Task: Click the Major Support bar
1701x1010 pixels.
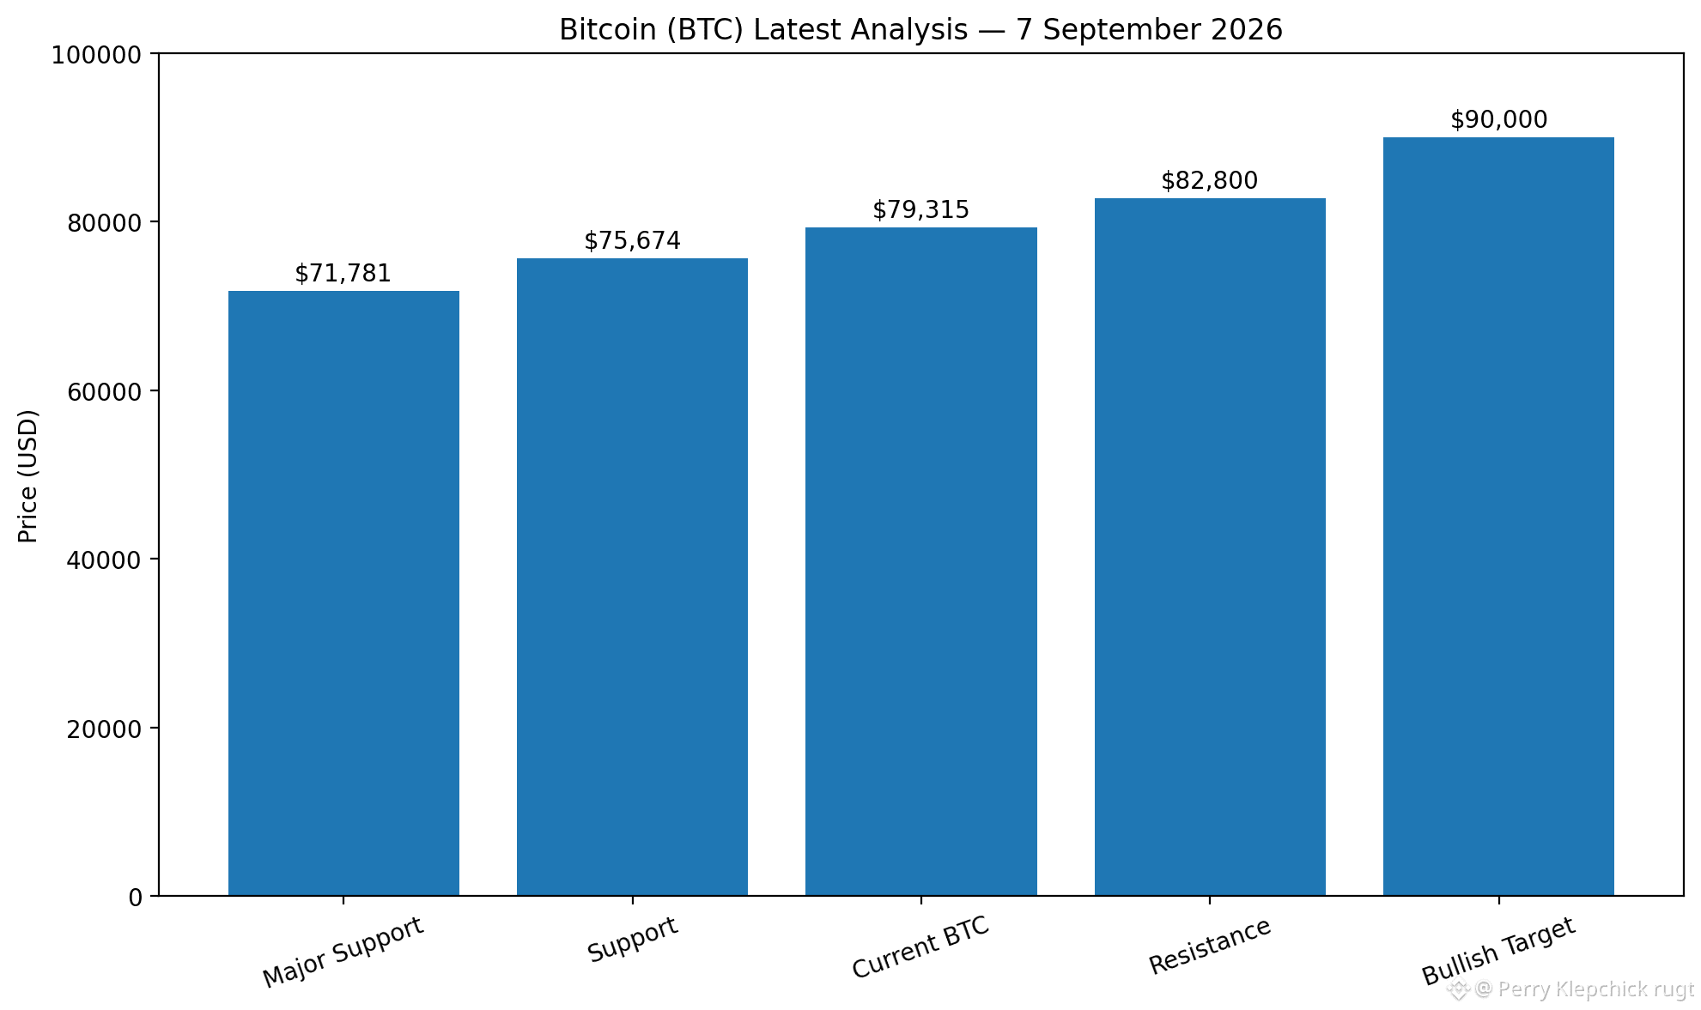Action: [343, 593]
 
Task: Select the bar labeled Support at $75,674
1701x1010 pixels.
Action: [632, 577]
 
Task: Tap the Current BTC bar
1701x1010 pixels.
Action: [921, 561]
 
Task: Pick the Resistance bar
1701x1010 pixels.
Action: [1210, 547]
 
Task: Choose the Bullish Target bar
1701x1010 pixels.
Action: [1498, 517]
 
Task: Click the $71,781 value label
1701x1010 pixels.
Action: [343, 274]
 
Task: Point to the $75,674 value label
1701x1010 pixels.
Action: [632, 241]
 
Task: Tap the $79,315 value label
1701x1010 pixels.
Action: [921, 210]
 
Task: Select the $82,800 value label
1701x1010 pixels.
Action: [1210, 181]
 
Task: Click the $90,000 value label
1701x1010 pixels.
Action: [1498, 120]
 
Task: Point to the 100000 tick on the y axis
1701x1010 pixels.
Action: [96, 55]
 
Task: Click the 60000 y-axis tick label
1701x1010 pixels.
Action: [104, 391]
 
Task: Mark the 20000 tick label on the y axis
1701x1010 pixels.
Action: [104, 729]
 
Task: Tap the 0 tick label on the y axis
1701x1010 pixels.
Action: [135, 898]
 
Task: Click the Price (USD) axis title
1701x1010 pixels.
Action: [28, 476]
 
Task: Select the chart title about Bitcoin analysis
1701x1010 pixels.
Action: [920, 30]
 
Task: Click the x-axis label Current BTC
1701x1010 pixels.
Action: [920, 947]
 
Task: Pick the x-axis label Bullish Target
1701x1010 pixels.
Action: [1498, 952]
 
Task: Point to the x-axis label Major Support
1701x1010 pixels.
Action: [343, 953]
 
